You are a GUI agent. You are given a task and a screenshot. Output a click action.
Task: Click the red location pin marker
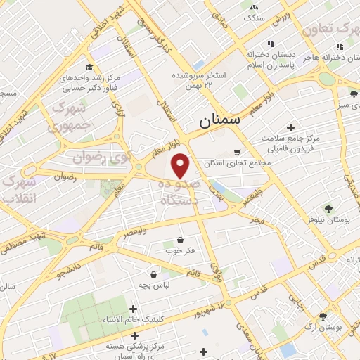click(181, 165)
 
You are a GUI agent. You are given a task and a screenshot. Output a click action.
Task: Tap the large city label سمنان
click(219, 120)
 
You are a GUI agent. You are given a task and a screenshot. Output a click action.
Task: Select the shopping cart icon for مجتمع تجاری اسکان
click(237, 152)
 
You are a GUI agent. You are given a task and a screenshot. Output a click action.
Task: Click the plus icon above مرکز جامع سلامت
click(290, 127)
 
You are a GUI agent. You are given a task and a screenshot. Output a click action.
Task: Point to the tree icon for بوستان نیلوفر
click(328, 207)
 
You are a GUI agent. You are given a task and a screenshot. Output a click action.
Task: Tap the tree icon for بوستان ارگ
click(323, 317)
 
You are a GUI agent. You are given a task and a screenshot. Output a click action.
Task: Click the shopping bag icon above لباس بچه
click(153, 274)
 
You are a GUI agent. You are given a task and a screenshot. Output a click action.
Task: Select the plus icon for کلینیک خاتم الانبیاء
click(134, 309)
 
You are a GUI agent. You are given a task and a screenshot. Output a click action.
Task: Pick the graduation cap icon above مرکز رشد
click(89, 67)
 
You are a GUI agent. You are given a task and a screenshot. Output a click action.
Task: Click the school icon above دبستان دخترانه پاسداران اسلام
click(252, 53)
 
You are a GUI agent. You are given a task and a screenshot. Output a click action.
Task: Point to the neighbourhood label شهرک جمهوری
click(68, 117)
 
